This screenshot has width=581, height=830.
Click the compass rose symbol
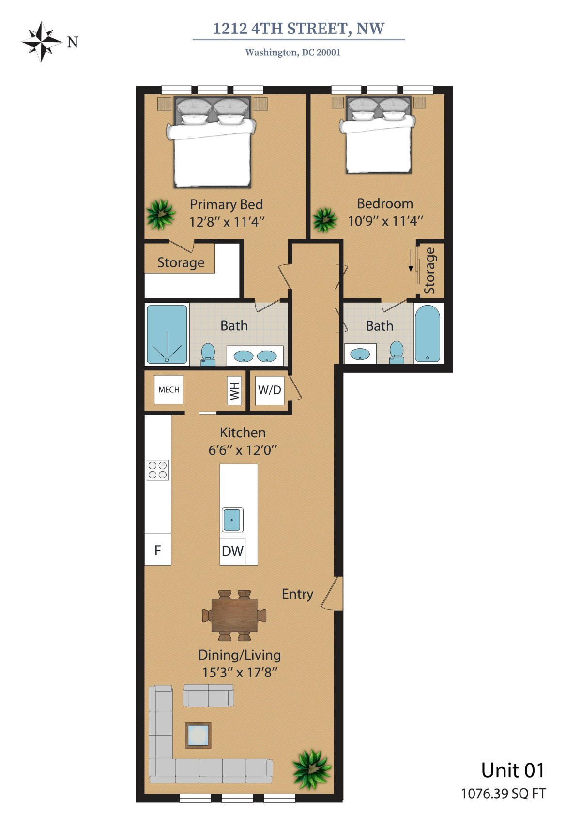click(42, 42)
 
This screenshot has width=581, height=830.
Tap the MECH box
click(168, 389)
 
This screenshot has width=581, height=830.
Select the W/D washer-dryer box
click(270, 390)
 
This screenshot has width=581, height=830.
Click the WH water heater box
click(234, 390)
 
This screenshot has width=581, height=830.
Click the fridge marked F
click(158, 549)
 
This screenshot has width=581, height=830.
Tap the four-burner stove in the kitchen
click(158, 470)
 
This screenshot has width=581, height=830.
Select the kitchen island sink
click(232, 520)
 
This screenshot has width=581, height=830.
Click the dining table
click(234, 615)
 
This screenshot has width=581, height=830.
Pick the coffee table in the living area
click(198, 735)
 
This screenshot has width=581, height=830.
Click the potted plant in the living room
click(311, 769)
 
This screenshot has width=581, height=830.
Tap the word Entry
click(298, 594)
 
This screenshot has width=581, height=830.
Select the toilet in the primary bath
click(208, 354)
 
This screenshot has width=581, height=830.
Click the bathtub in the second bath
click(427, 334)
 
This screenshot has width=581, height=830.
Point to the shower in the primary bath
click(167, 334)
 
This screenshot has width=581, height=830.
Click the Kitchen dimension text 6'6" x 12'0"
click(243, 450)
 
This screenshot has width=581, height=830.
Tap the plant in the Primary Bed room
click(160, 214)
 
